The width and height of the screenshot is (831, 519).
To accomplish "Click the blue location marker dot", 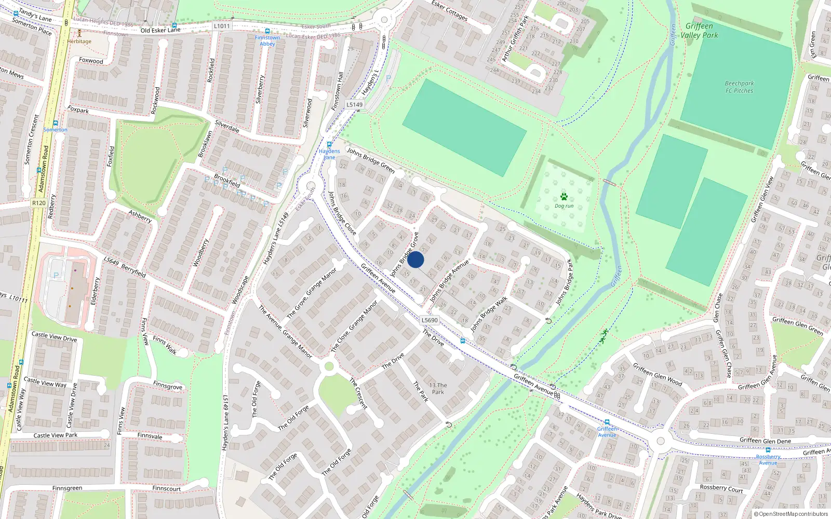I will [x=415, y=259].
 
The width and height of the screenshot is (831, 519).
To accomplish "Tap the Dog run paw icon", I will [x=564, y=197].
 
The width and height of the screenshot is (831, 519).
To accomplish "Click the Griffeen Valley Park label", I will [x=699, y=31].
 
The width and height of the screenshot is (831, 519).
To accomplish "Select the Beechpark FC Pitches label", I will [x=739, y=87].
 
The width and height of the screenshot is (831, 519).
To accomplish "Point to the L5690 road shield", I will [x=430, y=320].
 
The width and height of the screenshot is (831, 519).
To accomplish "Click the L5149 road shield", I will [x=355, y=104].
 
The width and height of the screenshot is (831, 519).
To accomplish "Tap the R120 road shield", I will [x=38, y=203].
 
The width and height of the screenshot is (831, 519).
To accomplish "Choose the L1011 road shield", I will [x=222, y=26].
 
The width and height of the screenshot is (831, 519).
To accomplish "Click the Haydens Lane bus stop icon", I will [x=329, y=145].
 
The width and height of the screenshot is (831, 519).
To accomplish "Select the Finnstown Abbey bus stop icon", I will [x=267, y=31].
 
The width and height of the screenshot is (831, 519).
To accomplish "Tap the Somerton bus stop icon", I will [x=55, y=124].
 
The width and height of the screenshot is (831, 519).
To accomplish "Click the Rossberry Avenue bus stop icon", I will [x=768, y=450].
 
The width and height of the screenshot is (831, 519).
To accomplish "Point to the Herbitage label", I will [x=79, y=42].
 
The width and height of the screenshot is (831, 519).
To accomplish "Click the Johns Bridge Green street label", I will [x=371, y=160].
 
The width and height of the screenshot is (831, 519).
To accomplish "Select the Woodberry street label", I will [x=200, y=253].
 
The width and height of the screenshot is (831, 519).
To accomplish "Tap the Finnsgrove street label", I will [x=168, y=386].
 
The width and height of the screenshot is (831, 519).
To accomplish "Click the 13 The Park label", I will [x=438, y=388].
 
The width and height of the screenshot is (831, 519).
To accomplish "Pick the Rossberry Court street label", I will [x=721, y=488].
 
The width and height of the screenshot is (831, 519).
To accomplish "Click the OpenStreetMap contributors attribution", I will [x=791, y=514].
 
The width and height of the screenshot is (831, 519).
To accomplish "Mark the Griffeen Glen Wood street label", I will [x=658, y=374].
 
